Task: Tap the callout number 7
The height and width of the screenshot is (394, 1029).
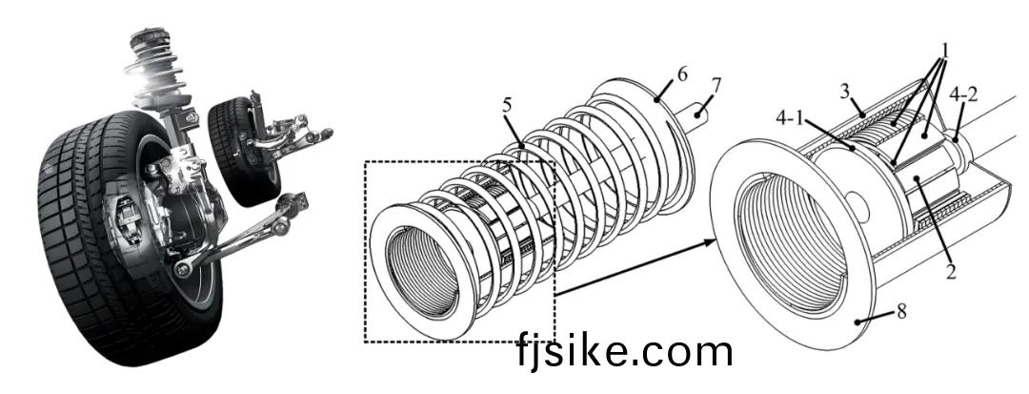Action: tap(716, 85)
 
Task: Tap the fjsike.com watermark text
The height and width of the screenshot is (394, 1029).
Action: tap(625, 352)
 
